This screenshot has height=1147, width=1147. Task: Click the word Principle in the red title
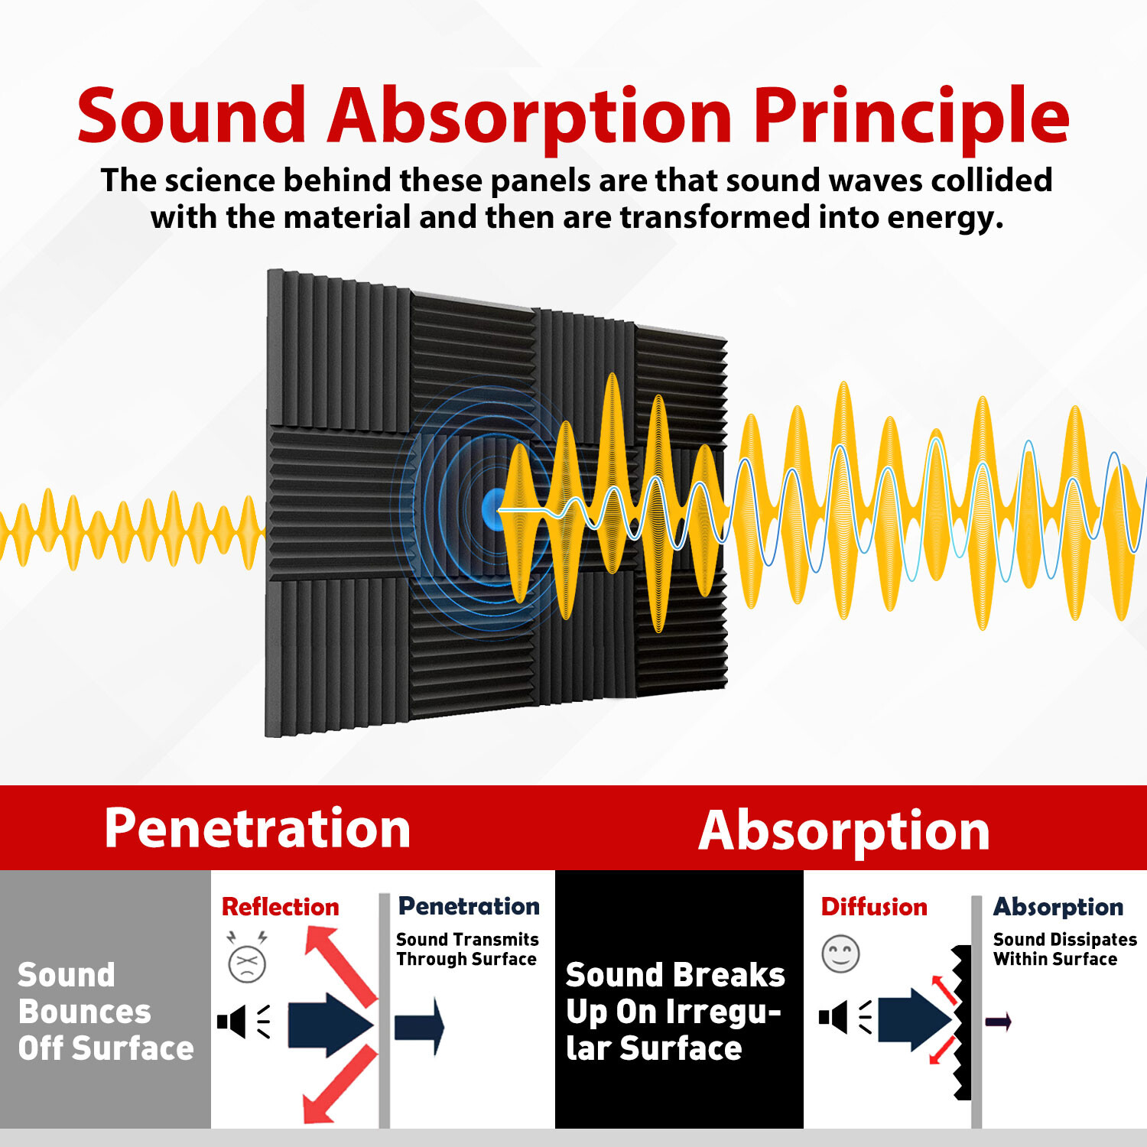click(911, 116)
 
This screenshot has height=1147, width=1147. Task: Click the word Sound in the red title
click(191, 116)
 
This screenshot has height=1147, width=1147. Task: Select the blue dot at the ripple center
click(493, 507)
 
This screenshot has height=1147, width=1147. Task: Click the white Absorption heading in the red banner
click(844, 830)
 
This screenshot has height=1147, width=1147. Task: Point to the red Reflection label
click(280, 907)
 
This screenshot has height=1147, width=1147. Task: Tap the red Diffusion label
click(873, 907)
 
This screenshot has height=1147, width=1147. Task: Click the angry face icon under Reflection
click(247, 963)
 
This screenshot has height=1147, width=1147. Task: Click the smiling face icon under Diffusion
click(840, 954)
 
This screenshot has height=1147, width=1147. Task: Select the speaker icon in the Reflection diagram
click(232, 1022)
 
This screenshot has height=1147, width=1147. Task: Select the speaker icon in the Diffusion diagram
click(833, 1019)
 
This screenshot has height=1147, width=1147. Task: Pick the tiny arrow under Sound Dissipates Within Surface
click(999, 1021)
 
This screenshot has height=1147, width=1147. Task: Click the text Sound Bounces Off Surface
click(106, 1011)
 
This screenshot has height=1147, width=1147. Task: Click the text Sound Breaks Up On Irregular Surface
click(674, 1011)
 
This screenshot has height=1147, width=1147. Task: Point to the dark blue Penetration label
click(469, 906)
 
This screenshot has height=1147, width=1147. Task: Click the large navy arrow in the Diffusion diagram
click(915, 1019)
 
